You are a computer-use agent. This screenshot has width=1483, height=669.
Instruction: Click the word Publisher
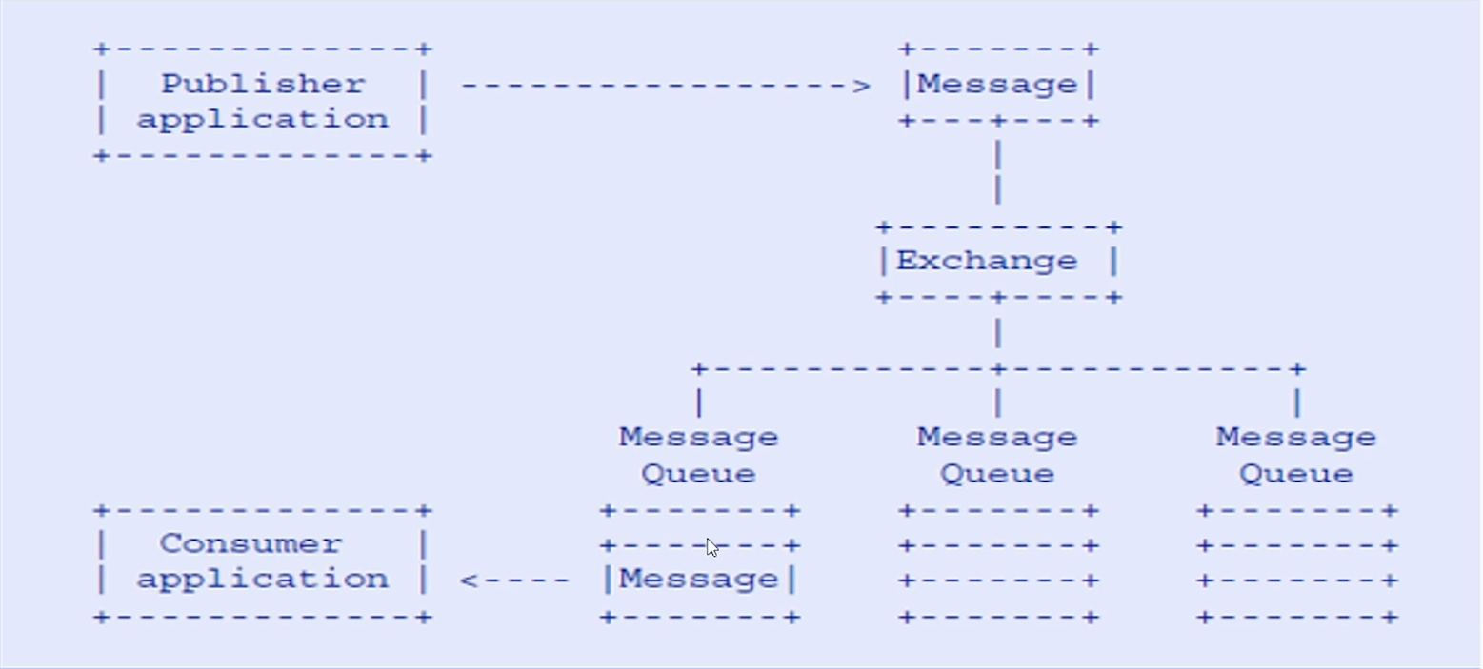click(x=263, y=85)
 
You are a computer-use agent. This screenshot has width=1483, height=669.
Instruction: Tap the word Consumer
click(x=251, y=544)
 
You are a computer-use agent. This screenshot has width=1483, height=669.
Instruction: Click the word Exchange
click(x=987, y=261)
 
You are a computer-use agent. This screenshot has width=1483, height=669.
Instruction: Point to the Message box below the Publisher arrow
click(x=998, y=85)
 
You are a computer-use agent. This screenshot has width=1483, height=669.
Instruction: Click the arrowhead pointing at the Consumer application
click(x=469, y=580)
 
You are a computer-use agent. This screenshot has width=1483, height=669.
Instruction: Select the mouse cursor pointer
click(x=712, y=548)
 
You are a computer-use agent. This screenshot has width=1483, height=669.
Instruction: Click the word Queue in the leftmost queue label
click(x=699, y=475)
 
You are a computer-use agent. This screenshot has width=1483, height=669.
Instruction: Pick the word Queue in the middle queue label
click(x=997, y=475)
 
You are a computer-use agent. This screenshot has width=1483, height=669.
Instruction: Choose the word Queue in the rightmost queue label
click(x=1296, y=475)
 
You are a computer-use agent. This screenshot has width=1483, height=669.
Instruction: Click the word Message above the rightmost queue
click(x=1296, y=438)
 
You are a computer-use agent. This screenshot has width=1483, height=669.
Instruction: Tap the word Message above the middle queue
click(x=997, y=438)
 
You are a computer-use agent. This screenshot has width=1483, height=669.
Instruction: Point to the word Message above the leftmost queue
click(x=699, y=438)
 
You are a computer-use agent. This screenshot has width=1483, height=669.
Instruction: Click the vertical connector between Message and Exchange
click(x=998, y=172)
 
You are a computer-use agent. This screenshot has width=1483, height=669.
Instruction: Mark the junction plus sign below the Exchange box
click(x=998, y=368)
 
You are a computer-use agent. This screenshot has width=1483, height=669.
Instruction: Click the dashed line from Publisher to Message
click(x=666, y=86)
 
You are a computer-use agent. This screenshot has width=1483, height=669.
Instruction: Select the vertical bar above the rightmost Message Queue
click(x=1297, y=403)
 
